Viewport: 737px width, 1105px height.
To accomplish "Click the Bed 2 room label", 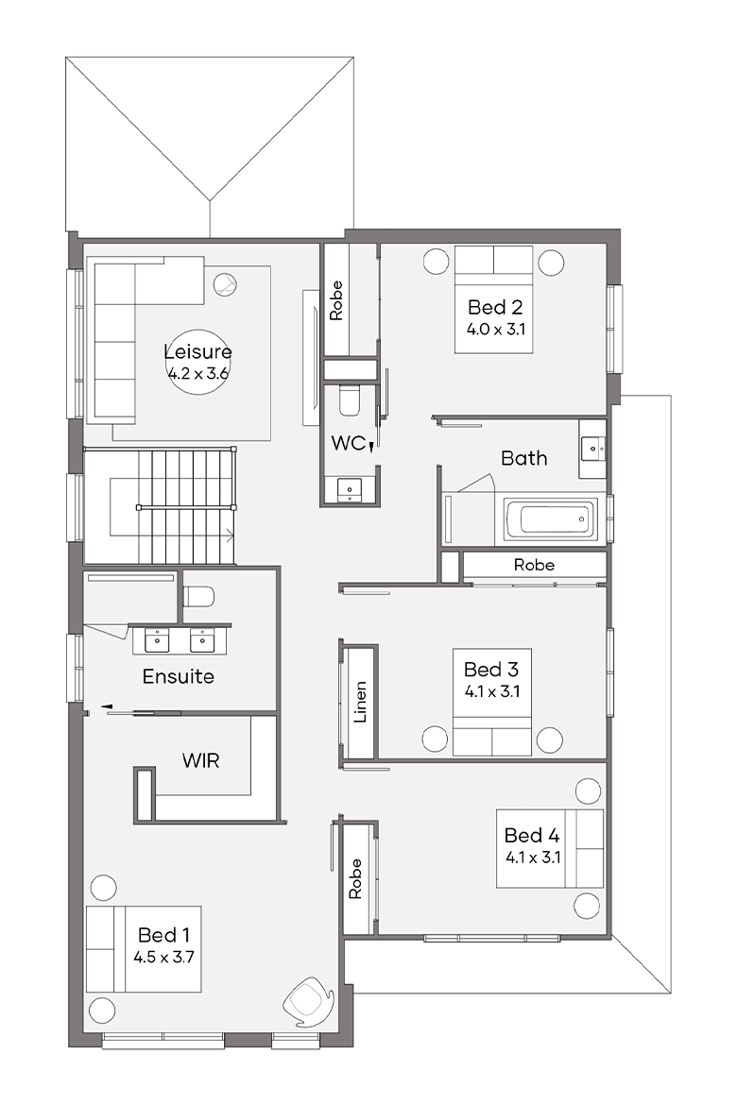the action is coord(495,307).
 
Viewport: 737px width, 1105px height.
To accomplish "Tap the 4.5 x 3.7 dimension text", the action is coord(163,957).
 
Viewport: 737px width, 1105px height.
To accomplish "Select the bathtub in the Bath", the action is coord(549,520).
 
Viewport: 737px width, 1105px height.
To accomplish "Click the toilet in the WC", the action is coord(350,399).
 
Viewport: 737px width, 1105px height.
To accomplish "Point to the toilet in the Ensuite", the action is coord(198,597).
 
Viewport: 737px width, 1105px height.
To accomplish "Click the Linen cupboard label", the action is coord(360,702).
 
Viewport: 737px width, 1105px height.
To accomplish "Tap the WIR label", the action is coord(201,760).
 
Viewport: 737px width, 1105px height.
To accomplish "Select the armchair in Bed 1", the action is coord(308,999).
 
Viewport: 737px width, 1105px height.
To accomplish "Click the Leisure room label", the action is coord(198,351).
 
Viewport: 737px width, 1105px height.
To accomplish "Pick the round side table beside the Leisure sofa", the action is coord(225,284).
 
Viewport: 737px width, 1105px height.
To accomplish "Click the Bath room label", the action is coord(524,458).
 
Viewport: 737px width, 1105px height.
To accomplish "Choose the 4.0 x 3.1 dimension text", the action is coord(496,329).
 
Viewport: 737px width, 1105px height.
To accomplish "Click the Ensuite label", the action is coord(179,676).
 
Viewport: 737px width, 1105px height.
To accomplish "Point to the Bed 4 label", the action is coord(532,835).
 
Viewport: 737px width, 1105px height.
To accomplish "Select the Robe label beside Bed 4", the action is coord(354,878).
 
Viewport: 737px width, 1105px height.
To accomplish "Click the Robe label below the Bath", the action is coord(534,565).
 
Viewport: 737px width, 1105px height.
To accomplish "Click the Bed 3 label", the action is coord(491,669).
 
